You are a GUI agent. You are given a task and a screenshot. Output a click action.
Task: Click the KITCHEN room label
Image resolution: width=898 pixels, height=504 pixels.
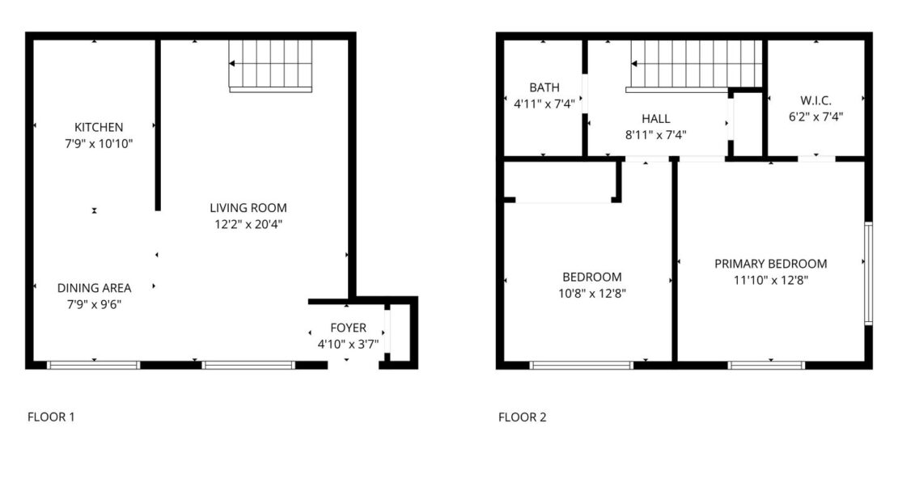click(99, 127)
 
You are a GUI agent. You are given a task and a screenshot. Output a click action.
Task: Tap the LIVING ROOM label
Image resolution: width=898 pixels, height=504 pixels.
click(248, 208)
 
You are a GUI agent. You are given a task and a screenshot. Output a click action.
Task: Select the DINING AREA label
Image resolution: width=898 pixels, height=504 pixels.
click(94, 288)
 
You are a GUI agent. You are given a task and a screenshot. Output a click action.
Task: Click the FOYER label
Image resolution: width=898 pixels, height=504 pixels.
click(348, 328)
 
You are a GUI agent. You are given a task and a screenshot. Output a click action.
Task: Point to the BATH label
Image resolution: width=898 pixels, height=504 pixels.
click(544, 87)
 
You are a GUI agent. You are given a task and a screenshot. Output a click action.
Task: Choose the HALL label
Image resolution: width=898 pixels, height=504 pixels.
click(656, 119)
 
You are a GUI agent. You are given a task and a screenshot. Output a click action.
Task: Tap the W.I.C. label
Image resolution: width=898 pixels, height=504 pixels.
click(815, 101)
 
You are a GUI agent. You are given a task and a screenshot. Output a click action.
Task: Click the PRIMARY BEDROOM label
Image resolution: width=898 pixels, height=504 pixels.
click(770, 264)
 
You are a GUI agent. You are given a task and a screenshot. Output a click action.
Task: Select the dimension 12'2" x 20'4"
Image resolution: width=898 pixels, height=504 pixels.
click(248, 225)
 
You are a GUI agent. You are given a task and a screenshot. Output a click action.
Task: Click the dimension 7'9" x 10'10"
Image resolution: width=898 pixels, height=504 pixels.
click(99, 144)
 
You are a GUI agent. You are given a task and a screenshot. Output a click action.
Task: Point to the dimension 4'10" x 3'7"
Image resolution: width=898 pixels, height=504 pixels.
click(348, 344)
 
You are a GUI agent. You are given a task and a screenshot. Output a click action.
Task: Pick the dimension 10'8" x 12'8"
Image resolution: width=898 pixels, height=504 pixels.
click(592, 294)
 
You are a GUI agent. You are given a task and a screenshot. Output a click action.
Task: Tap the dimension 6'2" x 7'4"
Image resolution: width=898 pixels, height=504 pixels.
click(815, 116)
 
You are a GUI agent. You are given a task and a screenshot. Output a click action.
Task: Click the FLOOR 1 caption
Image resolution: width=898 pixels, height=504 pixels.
click(51, 417)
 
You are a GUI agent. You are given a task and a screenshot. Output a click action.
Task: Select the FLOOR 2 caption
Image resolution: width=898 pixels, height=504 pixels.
click(523, 417)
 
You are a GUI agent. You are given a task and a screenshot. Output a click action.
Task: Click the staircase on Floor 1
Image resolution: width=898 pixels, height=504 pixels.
click(270, 66)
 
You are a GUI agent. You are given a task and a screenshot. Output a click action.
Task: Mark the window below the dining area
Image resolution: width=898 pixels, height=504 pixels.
click(93, 365)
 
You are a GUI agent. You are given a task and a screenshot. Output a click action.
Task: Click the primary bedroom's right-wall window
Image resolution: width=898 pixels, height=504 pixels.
click(868, 273)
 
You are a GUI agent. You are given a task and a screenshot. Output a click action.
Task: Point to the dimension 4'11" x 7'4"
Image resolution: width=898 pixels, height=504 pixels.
click(544, 104)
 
